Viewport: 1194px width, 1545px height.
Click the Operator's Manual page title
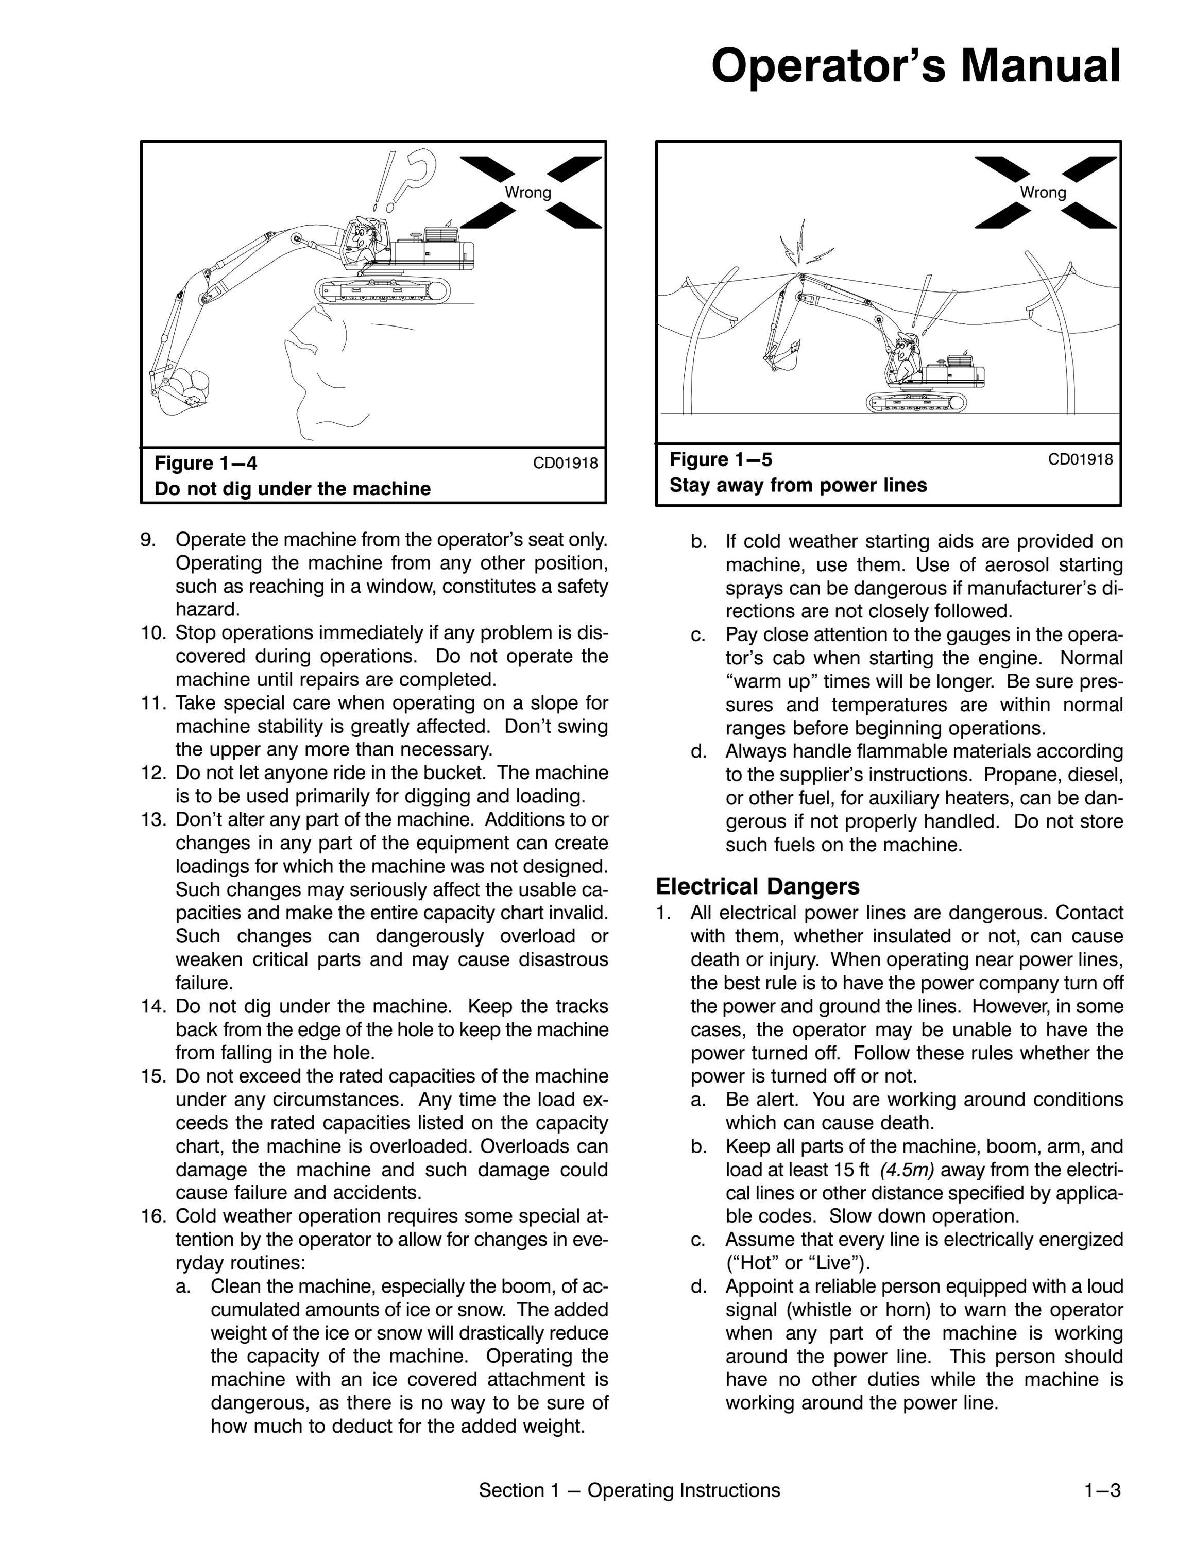pyautogui.click(x=915, y=66)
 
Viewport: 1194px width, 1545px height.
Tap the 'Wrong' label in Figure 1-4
pyautogui.click(x=527, y=193)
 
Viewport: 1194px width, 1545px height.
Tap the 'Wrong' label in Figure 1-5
pyautogui.click(x=1043, y=193)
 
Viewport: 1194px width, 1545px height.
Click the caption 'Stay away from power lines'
pyautogui.click(x=798, y=485)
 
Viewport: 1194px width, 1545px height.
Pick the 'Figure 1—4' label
pyautogui.click(x=206, y=463)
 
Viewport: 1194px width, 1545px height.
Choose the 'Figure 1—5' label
pyautogui.click(x=721, y=460)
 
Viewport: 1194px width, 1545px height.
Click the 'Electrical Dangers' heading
pyautogui.click(x=758, y=886)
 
